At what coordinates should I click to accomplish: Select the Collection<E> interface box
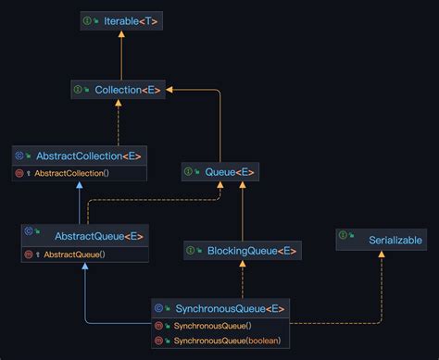click(118, 90)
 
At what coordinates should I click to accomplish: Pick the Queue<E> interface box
click(219, 171)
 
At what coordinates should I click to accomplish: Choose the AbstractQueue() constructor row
click(83, 254)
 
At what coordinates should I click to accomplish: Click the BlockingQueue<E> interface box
click(241, 250)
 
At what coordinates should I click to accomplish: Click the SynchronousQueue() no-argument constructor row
click(219, 326)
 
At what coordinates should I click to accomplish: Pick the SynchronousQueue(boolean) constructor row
click(219, 341)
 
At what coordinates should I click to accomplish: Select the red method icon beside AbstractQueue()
click(29, 254)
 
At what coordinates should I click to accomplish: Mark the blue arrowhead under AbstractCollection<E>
click(80, 185)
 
